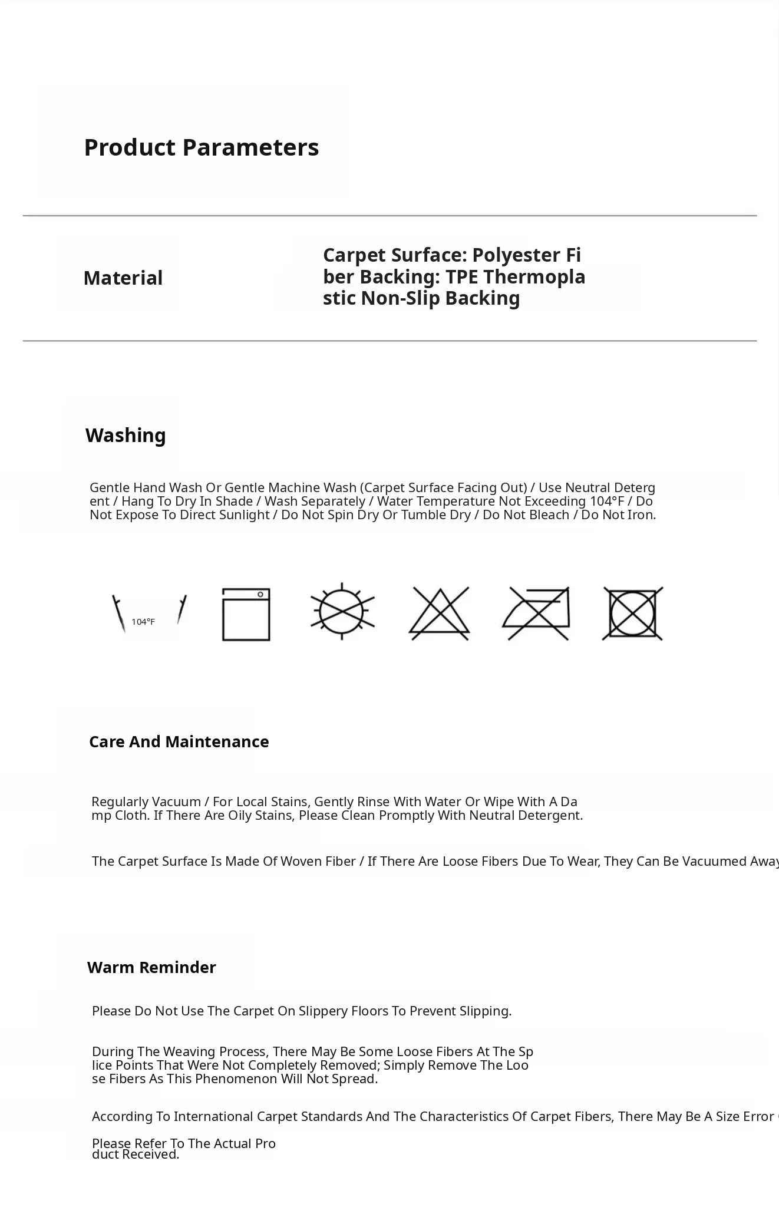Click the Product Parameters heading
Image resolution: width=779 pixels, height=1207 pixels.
[201, 147]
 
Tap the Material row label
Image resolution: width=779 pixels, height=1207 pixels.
[123, 278]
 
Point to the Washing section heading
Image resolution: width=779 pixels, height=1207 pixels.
[126, 436]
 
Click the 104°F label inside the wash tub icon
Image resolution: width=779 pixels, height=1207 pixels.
[143, 622]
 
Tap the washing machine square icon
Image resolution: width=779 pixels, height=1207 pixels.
[246, 614]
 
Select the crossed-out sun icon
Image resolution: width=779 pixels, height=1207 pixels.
[342, 611]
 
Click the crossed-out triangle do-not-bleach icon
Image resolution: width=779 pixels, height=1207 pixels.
[439, 614]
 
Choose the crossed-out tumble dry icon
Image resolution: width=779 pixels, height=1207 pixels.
[633, 614]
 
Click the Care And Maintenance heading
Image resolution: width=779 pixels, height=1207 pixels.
[179, 741]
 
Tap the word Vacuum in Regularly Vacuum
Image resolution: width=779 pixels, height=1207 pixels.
[176, 802]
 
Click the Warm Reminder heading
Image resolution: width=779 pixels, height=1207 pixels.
[151, 967]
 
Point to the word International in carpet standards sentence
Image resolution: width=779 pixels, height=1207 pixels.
[214, 1116]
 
